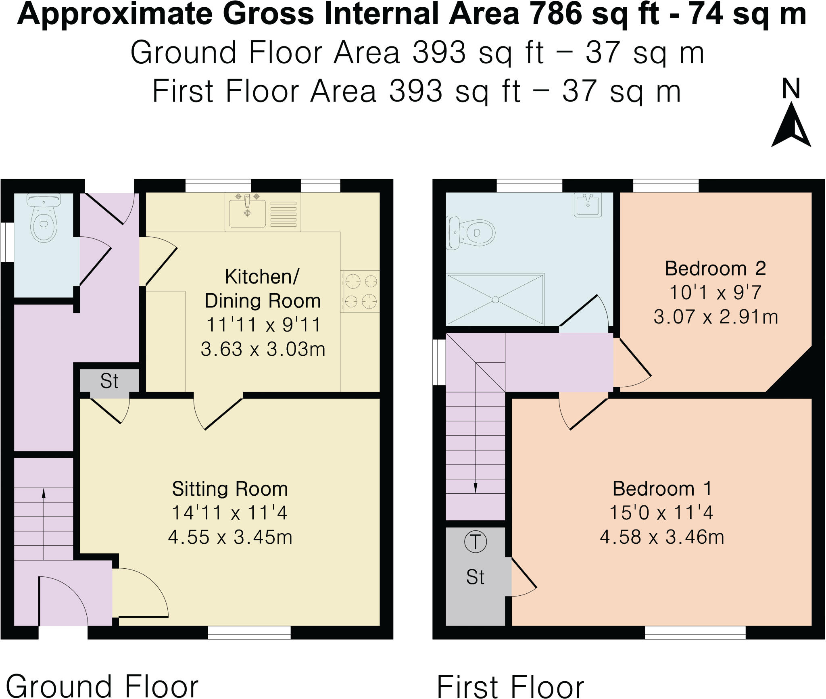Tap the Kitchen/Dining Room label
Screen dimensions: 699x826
[x=263, y=289]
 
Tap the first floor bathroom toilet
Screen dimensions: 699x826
[x=472, y=233]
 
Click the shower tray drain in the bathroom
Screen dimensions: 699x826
[x=495, y=299]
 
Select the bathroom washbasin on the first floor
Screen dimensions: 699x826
[x=588, y=205]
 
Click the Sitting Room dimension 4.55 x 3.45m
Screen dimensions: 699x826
[x=230, y=537]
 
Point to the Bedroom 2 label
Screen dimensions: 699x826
[x=715, y=269]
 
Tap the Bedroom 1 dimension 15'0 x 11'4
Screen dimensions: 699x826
[x=661, y=513]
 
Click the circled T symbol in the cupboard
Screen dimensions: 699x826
[x=476, y=542]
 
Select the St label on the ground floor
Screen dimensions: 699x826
[x=109, y=381]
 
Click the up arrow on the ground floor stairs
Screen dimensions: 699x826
[x=44, y=494]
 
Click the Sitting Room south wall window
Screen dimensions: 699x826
[x=249, y=632]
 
